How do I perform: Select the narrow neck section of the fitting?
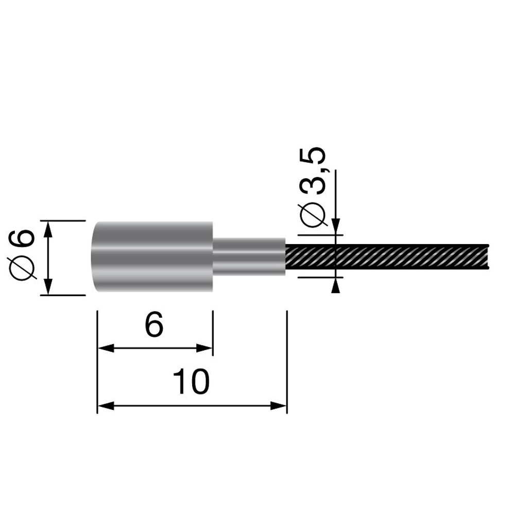(249, 256)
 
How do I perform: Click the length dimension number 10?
(191, 382)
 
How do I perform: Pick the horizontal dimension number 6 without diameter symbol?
(154, 325)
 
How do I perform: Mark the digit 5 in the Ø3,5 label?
(315, 158)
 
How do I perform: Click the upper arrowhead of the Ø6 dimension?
(48, 228)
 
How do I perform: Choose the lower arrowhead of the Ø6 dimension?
(48, 288)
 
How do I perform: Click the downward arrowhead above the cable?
(336, 227)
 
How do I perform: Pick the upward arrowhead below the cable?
(336, 285)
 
